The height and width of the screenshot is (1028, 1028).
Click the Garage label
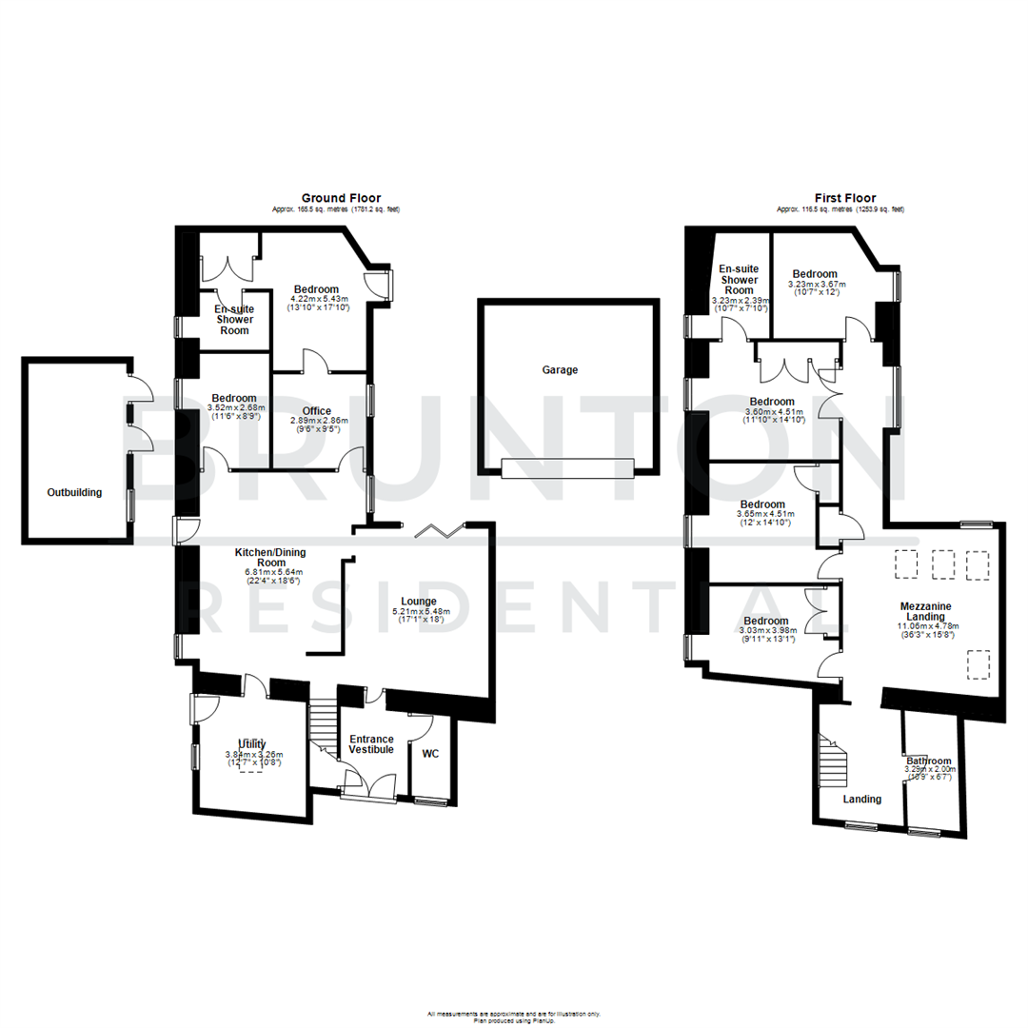560,370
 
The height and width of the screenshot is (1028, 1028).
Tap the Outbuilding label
74,492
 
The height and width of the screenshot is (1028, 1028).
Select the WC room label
430,754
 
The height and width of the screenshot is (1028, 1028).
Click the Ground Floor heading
341,198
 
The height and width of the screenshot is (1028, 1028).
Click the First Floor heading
846,198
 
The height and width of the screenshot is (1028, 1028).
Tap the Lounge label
419,601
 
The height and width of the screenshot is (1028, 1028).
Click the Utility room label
252,743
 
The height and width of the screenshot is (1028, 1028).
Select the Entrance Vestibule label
371,744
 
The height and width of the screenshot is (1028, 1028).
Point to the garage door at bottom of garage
566,467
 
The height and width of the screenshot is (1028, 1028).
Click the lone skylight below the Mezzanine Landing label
979,663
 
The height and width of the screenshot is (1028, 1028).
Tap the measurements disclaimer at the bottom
514,1015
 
